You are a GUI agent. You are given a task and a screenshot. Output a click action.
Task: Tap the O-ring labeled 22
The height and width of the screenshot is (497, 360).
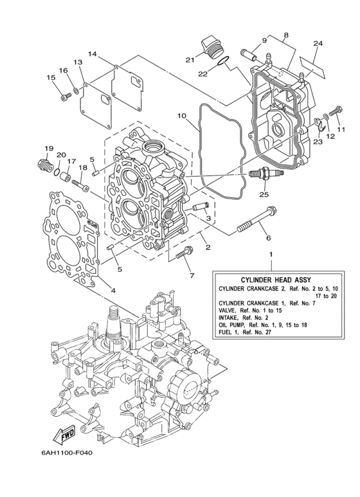221,63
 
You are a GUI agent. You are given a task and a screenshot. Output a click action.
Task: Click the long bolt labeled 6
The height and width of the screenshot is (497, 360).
257,219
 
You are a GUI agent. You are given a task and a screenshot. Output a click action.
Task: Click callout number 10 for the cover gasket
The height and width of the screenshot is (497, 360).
182,117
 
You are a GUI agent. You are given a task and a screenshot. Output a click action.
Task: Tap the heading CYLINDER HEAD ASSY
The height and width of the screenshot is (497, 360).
271,280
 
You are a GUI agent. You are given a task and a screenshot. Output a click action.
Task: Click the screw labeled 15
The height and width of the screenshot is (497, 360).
66,96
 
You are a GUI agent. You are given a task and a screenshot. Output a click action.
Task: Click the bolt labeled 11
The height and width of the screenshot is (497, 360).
334,114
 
